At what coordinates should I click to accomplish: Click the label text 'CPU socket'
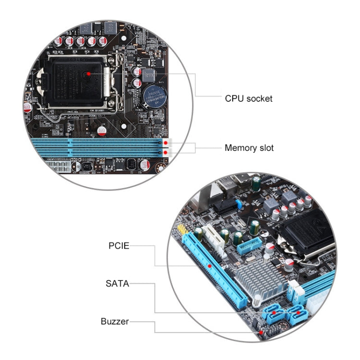pyautogui.click(x=249, y=98)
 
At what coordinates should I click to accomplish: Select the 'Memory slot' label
pyautogui.click(x=249, y=148)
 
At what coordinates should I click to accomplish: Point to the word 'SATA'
pyautogui.click(x=118, y=283)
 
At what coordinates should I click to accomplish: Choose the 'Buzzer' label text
pyautogui.click(x=115, y=321)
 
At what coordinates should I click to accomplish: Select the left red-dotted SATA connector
pyautogui.click(x=274, y=314)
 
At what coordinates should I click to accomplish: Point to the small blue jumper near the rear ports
pyautogui.click(x=237, y=204)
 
